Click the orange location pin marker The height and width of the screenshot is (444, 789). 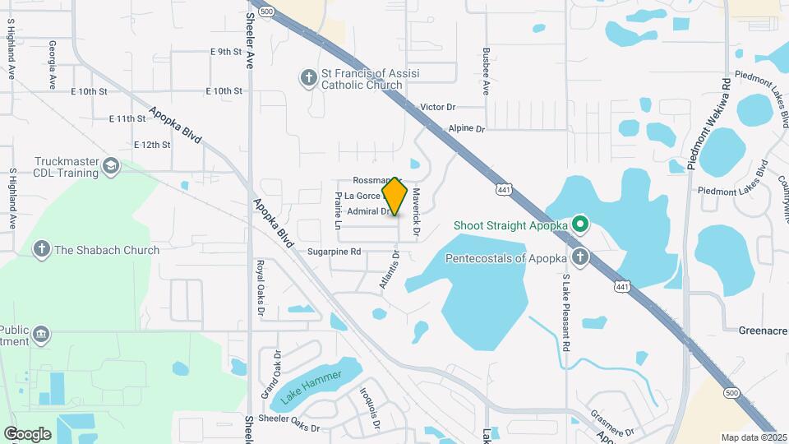(x=395, y=197)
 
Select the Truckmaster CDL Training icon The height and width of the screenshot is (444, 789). (x=110, y=168)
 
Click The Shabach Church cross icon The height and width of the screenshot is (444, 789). (x=42, y=249)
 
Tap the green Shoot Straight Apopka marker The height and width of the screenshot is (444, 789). (x=580, y=224)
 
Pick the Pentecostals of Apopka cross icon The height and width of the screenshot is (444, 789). (x=580, y=257)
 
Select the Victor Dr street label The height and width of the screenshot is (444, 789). (x=437, y=108)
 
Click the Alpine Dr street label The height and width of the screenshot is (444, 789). (x=467, y=129)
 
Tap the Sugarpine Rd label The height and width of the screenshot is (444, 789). (x=335, y=252)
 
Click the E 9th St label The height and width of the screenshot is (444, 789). (x=225, y=52)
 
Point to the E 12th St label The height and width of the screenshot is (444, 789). (x=152, y=145)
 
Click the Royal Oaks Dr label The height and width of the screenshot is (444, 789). (x=260, y=289)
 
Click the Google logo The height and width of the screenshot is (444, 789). (x=27, y=433)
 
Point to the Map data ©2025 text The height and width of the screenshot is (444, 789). (x=748, y=437)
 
